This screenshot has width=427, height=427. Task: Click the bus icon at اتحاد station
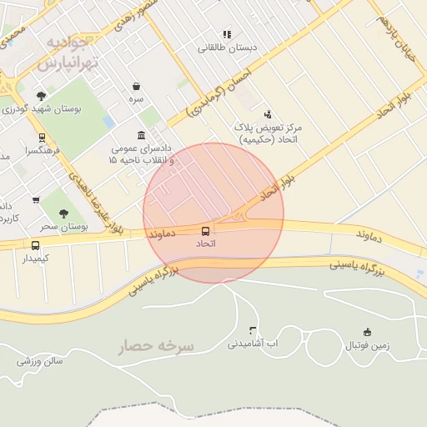pyautogui.click(x=205, y=230)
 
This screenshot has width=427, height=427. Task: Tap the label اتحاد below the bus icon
pyautogui.click(x=205, y=244)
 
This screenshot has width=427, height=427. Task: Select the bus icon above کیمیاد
pyautogui.click(x=35, y=245)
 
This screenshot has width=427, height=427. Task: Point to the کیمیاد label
pyautogui.click(x=35, y=259)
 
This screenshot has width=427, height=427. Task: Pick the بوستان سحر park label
pyautogui.click(x=64, y=226)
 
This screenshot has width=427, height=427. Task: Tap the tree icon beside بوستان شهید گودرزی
pyautogui.click(x=42, y=97)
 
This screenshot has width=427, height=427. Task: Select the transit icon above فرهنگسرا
pyautogui.click(x=42, y=138)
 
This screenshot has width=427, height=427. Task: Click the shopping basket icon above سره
pyautogui.click(x=135, y=86)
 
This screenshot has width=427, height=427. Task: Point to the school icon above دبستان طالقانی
pyautogui.click(x=226, y=34)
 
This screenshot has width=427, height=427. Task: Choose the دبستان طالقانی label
pyautogui.click(x=227, y=48)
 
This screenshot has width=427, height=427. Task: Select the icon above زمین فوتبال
pyautogui.click(x=367, y=332)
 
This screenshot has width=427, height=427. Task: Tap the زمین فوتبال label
pyautogui.click(x=369, y=345)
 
